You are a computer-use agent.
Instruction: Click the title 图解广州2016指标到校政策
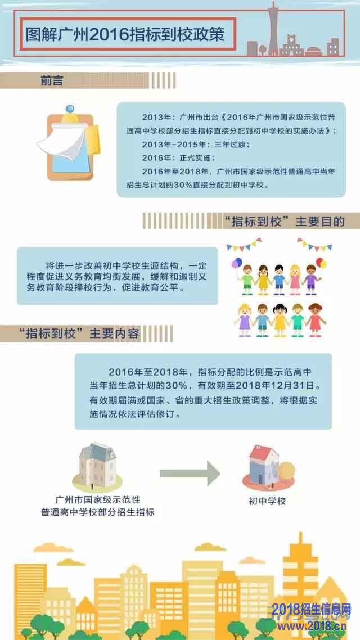[x=125, y=34]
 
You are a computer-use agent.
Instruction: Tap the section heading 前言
[x=52, y=80]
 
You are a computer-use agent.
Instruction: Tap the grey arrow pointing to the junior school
[x=190, y=473]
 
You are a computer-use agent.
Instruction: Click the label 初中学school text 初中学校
[x=267, y=501]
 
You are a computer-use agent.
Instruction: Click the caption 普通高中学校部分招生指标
[x=97, y=512]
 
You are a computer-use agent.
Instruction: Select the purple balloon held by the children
[x=235, y=264]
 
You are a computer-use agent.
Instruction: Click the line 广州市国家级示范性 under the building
[x=97, y=499]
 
